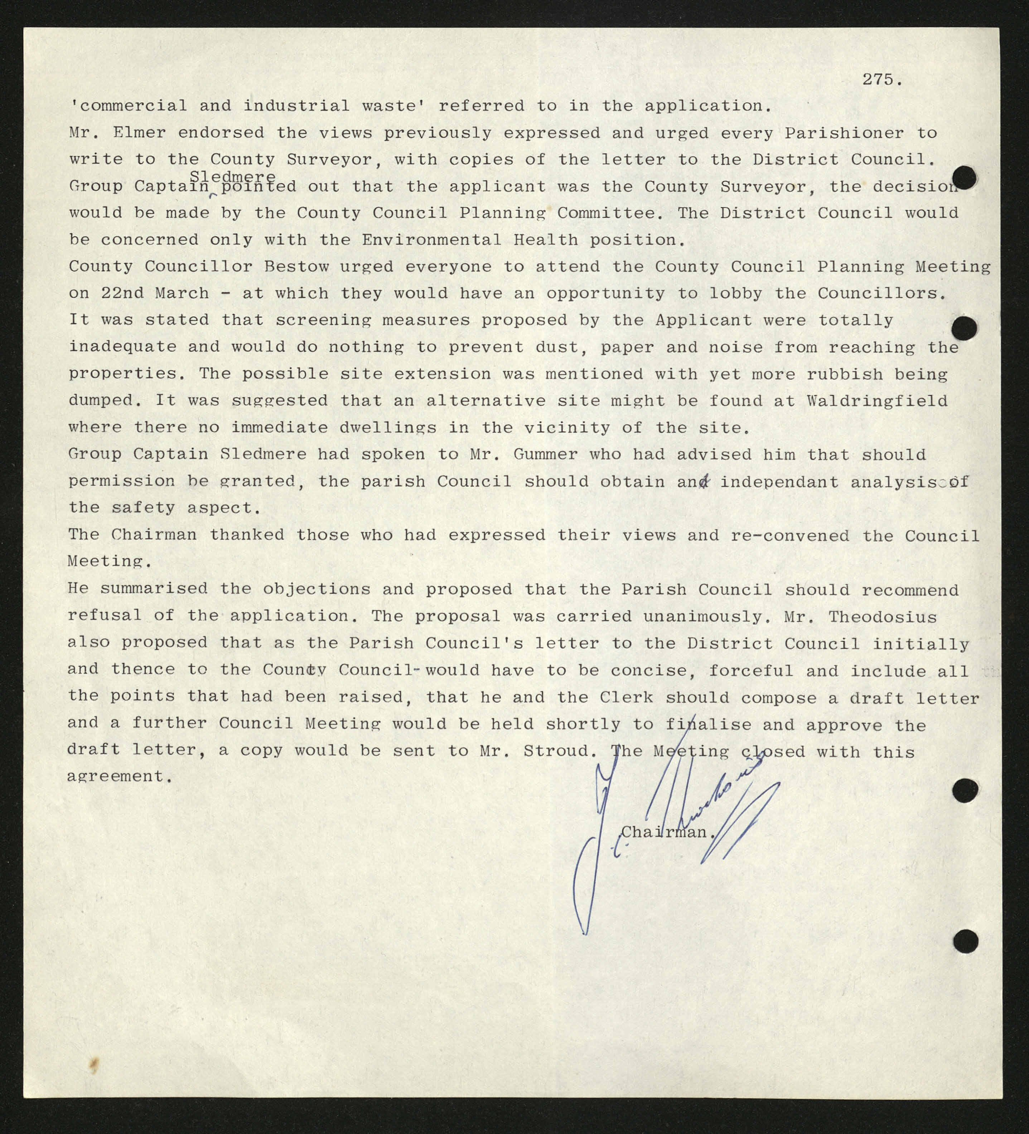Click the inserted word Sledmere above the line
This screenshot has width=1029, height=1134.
(x=232, y=177)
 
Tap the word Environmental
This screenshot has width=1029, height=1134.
(x=431, y=240)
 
